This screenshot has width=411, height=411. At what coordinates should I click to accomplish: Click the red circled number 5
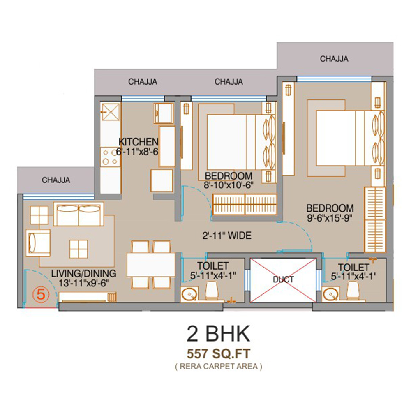coord(41,294)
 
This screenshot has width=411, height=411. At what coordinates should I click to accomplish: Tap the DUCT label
coord(283,279)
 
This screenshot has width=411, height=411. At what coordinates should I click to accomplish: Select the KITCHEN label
coord(139,142)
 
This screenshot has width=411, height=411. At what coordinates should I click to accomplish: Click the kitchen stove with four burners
coord(110,157)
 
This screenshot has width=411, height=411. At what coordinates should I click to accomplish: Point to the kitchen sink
coord(111,112)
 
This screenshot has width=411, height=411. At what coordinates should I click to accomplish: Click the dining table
coord(151,264)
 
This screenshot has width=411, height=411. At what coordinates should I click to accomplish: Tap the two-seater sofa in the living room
coord(79,214)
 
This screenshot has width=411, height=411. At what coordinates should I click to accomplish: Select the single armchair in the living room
coord(38,242)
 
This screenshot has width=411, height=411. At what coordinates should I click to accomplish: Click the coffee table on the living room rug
coord(79,249)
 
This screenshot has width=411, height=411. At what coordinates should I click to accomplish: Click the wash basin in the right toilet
coord(331,294)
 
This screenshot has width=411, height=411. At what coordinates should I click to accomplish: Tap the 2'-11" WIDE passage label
coord(227,236)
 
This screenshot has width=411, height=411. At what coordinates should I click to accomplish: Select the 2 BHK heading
coord(219,333)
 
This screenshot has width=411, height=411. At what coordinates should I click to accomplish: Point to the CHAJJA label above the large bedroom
coord(334,59)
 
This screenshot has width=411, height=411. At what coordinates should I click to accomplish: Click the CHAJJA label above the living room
coord(56,180)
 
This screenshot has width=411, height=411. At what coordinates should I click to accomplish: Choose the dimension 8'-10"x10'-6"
coord(229,185)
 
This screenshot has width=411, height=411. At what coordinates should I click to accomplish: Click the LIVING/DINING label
coord(83,273)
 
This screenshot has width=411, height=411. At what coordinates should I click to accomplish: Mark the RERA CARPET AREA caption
coord(219,366)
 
